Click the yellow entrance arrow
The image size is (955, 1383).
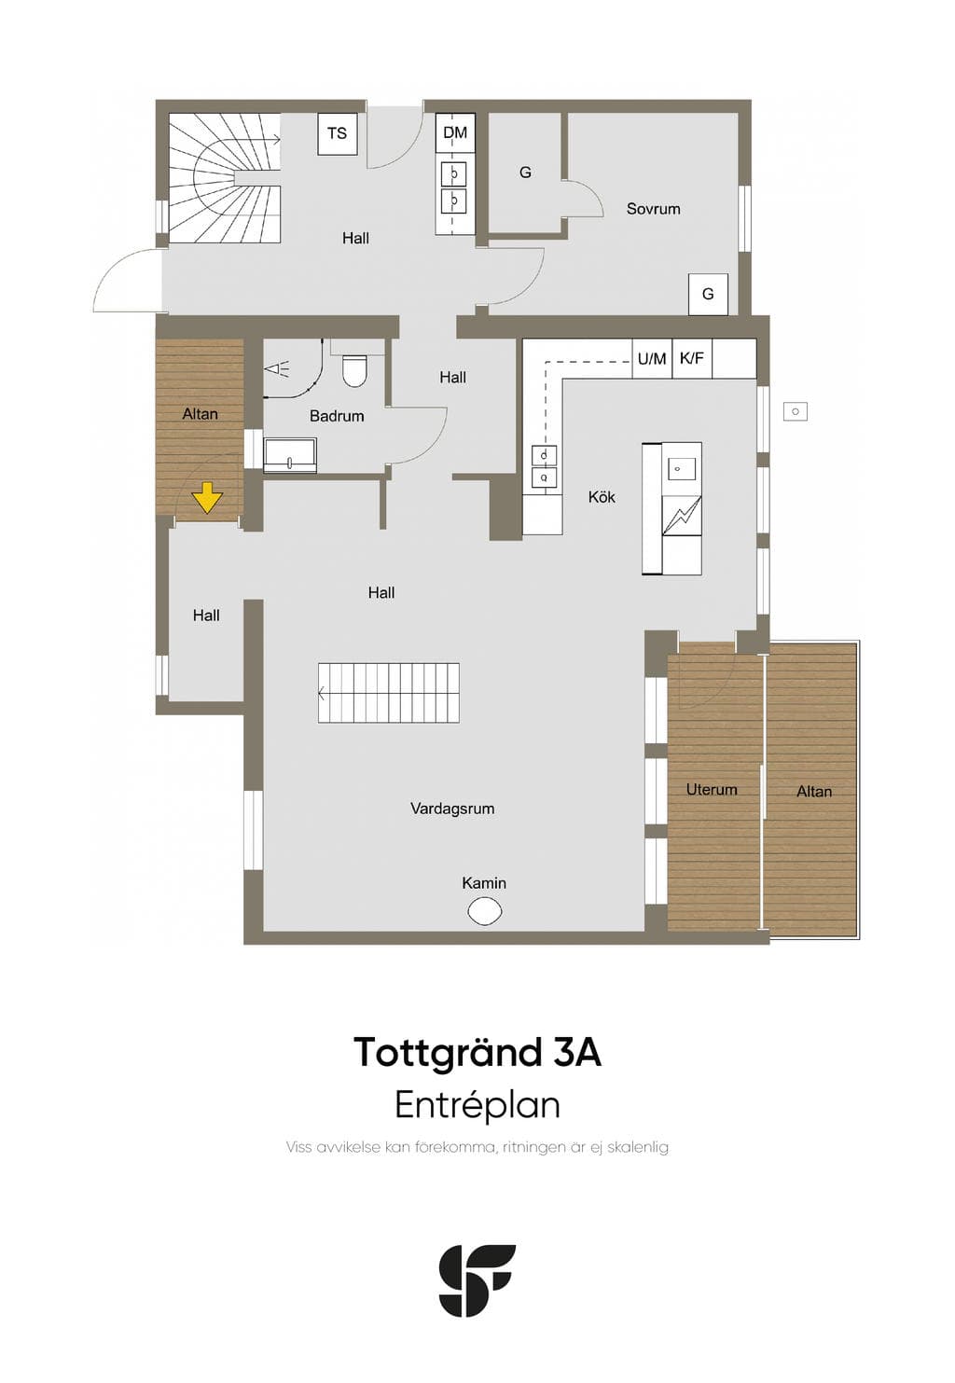[207, 498]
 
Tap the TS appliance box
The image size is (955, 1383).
[338, 133]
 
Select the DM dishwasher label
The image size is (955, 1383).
[456, 132]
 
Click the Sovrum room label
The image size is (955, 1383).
[653, 209]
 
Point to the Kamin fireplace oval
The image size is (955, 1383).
[485, 911]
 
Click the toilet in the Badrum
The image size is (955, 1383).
[354, 370]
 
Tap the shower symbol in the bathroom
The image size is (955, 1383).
[277, 369]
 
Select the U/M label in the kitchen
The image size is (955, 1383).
[652, 358]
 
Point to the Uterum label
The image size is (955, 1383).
[712, 789]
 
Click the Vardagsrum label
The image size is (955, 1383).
[452, 809]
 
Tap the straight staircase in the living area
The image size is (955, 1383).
[389, 693]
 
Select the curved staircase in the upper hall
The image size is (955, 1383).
[225, 178]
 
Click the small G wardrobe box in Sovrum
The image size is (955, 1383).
[708, 294]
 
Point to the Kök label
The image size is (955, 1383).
[602, 497]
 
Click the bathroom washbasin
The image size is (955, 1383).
[289, 456]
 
